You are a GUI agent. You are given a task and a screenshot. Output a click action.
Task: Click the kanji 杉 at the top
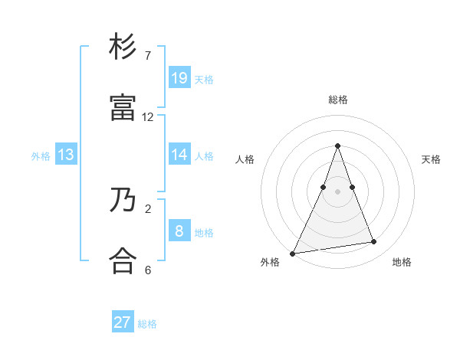click(x=123, y=47)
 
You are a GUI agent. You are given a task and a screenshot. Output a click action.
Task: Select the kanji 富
click(x=123, y=109)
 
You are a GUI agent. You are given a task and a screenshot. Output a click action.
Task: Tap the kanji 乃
click(x=123, y=201)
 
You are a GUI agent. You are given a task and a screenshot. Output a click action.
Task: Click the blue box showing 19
click(x=179, y=78)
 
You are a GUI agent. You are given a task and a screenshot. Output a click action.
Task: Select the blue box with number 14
click(x=179, y=155)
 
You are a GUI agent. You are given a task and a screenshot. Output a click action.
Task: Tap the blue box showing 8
click(x=179, y=231)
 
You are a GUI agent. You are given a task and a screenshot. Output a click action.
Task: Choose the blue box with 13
click(x=66, y=155)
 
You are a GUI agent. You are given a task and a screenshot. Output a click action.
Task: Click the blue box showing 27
click(x=123, y=322)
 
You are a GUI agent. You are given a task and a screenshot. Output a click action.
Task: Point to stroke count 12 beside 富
click(x=148, y=117)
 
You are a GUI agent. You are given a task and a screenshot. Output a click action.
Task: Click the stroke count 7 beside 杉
click(x=148, y=56)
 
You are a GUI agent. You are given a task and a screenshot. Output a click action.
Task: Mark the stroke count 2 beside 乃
click(x=148, y=208)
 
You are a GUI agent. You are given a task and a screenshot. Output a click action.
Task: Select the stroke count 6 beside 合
click(x=148, y=270)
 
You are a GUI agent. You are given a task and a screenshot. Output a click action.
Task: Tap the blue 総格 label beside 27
click(x=147, y=324)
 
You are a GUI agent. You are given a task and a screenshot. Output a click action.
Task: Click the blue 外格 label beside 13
click(x=41, y=156)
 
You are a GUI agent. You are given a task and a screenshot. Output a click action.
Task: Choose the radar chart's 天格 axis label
click(x=431, y=159)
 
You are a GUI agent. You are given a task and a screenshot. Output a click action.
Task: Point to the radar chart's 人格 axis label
click(x=245, y=159)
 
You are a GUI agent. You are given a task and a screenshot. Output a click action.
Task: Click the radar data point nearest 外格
click(x=293, y=254)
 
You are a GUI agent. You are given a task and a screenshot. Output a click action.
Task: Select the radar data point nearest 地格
click(x=374, y=242)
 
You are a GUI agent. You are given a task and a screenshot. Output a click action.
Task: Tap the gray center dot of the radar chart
click(x=337, y=191)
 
